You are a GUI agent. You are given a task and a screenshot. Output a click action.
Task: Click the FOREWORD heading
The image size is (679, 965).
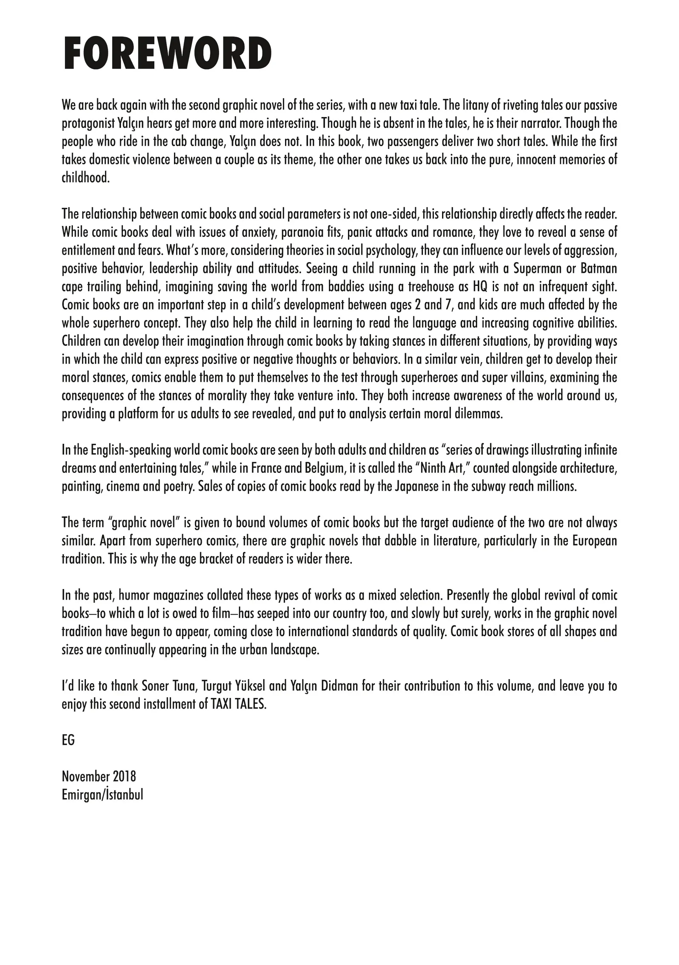[167, 53]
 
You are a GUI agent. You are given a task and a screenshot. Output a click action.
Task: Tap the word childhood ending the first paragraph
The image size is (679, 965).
[85, 178]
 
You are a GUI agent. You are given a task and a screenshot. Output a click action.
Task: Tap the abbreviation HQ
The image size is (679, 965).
[480, 287]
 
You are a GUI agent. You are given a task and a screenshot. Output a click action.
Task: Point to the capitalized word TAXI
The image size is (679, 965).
[221, 704]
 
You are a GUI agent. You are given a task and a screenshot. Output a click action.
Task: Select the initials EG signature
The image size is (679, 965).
[68, 740]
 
